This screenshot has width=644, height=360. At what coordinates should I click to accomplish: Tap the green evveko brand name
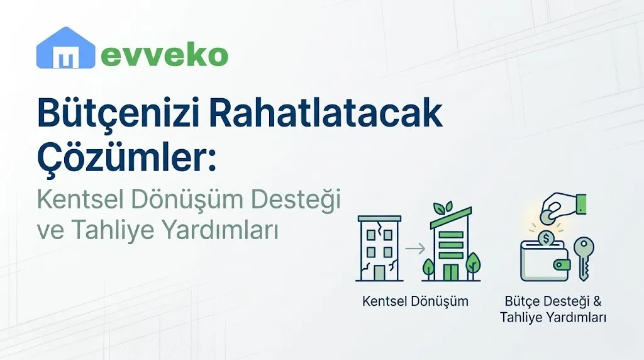(164, 56)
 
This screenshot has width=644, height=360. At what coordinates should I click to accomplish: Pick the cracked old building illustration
(378, 248)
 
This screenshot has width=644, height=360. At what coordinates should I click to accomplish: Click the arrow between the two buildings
(415, 249)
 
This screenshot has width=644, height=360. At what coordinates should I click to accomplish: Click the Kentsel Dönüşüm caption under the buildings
(415, 301)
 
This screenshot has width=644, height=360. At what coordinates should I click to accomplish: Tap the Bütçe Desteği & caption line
(553, 301)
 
